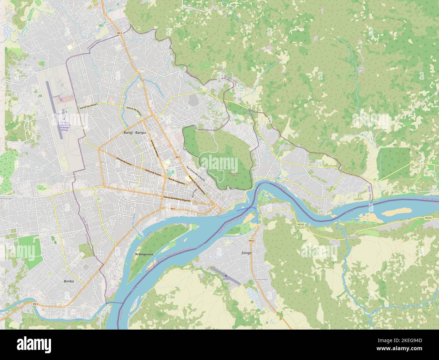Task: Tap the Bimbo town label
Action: pos(69,281)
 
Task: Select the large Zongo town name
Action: pos(247,253)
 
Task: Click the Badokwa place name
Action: pos(352,237)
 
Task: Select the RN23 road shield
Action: pos(251,241)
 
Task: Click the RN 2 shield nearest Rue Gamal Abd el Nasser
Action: pos(178,157)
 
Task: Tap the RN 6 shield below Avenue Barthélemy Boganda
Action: pos(173,209)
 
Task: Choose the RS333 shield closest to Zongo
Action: pos(301,224)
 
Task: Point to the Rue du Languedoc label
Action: pos(177,181)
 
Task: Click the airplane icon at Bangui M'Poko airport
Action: pos(63,119)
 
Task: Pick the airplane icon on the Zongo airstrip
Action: pos(225,276)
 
